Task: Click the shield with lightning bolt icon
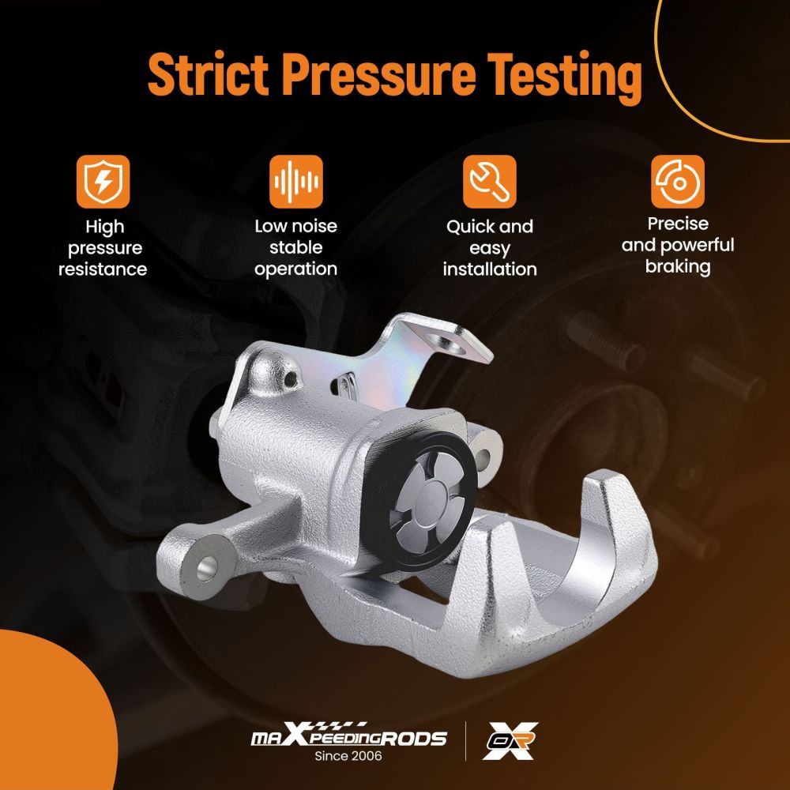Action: point(103,182)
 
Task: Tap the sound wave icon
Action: point(295,182)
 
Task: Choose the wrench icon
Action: point(490,182)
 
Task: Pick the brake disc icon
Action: point(678,182)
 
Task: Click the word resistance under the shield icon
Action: point(103,269)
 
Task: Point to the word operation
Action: point(295,269)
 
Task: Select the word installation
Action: point(490,269)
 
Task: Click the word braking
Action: point(678,267)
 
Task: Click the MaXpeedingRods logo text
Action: point(348,736)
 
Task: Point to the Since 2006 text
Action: point(348,756)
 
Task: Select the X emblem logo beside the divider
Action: point(510,741)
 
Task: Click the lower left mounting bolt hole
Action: point(206,570)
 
